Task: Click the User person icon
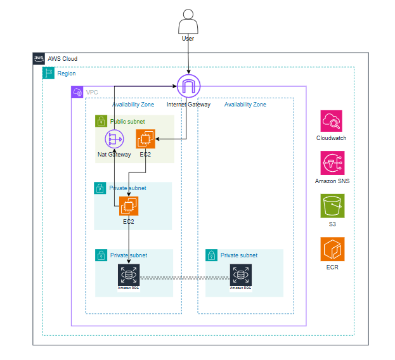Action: point(188,25)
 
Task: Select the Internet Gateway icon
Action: point(188,86)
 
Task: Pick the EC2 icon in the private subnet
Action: point(129,206)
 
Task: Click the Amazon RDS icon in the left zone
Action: point(129,274)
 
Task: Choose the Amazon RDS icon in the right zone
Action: point(240,274)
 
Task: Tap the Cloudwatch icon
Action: point(332,121)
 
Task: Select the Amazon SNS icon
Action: point(332,163)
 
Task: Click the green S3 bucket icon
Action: point(332,205)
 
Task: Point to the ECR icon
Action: point(332,249)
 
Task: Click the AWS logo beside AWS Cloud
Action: point(39,59)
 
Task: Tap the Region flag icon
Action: point(48,74)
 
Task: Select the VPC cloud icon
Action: point(77,93)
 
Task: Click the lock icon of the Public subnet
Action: point(101,121)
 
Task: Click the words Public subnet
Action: point(127,121)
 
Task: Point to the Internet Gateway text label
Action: point(188,105)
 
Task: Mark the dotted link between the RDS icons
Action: point(185,278)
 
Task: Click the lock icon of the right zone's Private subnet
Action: point(211,255)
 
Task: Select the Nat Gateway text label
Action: point(114,155)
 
